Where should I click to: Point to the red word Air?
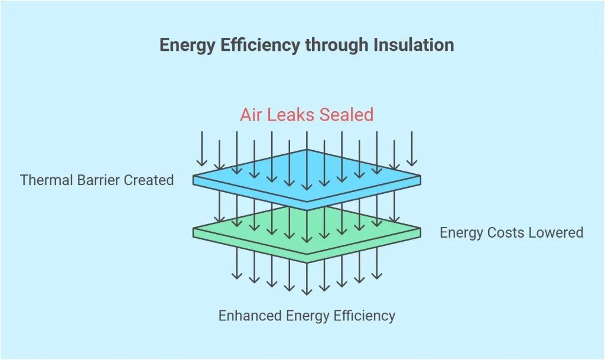point(251,114)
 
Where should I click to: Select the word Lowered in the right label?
point(558,232)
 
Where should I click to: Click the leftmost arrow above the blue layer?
point(202,148)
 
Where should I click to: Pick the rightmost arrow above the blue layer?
point(412,148)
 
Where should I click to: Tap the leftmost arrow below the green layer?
point(237,263)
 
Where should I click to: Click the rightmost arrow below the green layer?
point(376,263)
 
